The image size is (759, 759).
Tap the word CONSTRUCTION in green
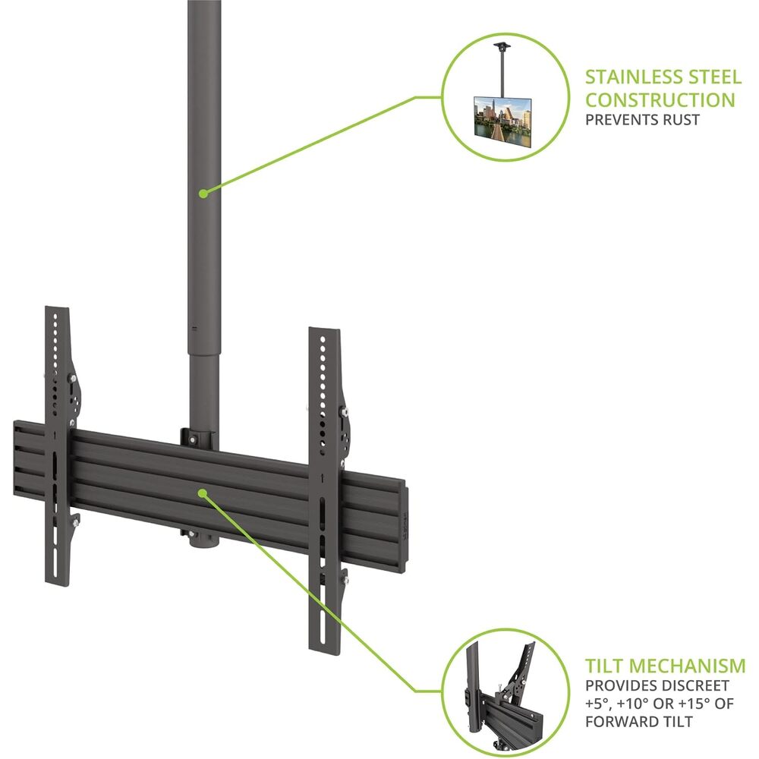[x=660, y=100]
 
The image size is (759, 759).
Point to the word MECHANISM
[x=686, y=666]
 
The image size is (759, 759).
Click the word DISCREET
[x=695, y=686]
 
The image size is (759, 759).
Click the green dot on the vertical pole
[x=203, y=193]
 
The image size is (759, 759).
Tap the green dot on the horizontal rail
[x=203, y=493]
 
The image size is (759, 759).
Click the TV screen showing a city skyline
[x=502, y=122]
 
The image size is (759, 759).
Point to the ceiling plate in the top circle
[x=502, y=46]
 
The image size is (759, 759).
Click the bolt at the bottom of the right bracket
[x=345, y=580]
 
